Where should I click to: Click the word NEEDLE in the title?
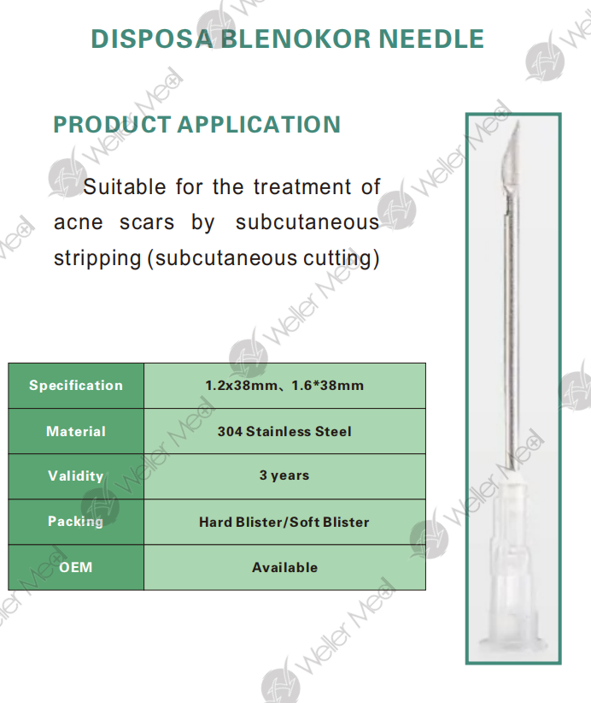pyautogui.click(x=431, y=39)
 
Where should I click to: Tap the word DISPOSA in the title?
pyautogui.click(x=152, y=39)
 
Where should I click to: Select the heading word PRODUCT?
pyautogui.click(x=112, y=125)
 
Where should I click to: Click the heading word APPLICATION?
pyautogui.click(x=260, y=125)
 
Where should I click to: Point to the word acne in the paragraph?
pyautogui.click(x=79, y=223)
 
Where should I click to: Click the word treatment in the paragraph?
pyautogui.click(x=302, y=186)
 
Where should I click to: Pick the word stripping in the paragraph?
pyautogui.click(x=97, y=259)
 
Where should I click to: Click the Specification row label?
pyautogui.click(x=76, y=386)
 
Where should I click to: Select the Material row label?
pyautogui.click(x=76, y=431)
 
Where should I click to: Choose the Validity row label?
pyautogui.click(x=76, y=476)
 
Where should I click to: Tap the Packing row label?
pyautogui.click(x=76, y=522)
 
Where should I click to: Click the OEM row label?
pyautogui.click(x=76, y=567)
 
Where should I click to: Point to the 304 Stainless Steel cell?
pyautogui.click(x=284, y=431)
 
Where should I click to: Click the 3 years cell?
pyautogui.click(x=284, y=476)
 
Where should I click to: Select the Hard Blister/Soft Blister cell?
pyautogui.click(x=284, y=522)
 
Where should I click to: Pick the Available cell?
pyautogui.click(x=284, y=568)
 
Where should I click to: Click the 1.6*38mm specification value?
pyautogui.click(x=327, y=386)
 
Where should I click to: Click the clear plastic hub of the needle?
pyautogui.click(x=513, y=565)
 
